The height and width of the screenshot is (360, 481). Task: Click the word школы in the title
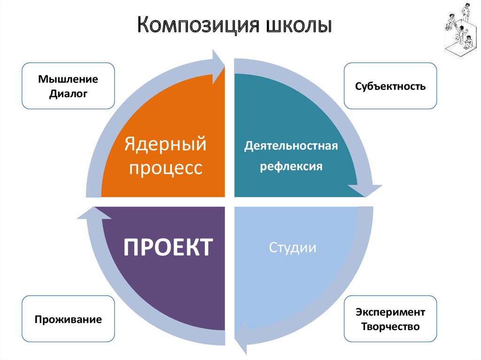click(298, 26)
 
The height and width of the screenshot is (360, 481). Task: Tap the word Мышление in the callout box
click(68, 79)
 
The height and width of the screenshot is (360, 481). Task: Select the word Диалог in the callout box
click(68, 94)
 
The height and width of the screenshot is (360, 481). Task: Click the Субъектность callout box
click(390, 86)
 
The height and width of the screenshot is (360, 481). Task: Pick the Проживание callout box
click(68, 320)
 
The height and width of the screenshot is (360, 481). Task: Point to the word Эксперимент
click(390, 312)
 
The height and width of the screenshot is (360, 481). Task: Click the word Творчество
click(390, 326)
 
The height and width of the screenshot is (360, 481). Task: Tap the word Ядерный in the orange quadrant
click(165, 144)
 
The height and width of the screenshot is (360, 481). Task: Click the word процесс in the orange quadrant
click(165, 168)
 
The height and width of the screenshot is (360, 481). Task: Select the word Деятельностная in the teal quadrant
click(291, 146)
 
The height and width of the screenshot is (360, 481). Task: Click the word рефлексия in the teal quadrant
click(291, 167)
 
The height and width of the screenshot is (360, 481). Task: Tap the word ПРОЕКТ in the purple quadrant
click(168, 247)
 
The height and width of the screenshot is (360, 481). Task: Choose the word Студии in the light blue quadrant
click(292, 247)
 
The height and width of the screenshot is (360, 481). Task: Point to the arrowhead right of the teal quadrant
click(365, 190)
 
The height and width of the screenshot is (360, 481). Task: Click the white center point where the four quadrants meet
click(229, 202)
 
